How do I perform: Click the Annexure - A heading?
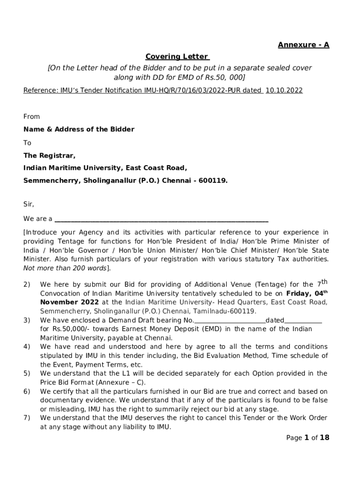point(303,45)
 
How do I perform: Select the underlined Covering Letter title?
point(177,57)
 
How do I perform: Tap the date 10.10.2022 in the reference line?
point(284,90)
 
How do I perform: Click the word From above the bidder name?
point(32,116)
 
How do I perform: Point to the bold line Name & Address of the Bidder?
point(79,129)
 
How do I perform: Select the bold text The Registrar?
point(50,156)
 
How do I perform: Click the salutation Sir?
point(29,204)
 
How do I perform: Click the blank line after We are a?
point(161,219)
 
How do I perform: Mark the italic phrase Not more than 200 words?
point(65,268)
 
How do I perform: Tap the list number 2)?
point(27,284)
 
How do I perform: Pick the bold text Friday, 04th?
point(307,293)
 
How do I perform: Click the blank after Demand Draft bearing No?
point(230,320)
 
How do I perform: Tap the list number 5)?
point(27,373)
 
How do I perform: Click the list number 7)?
point(27,418)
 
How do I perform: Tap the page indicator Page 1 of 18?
point(308,438)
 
